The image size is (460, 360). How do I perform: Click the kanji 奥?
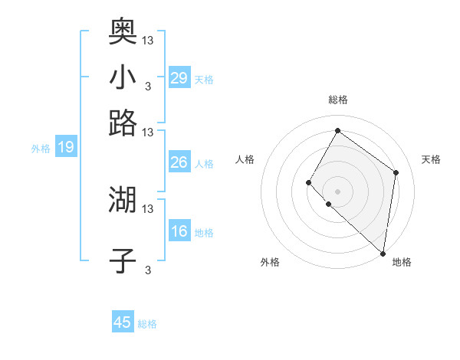point(123,31)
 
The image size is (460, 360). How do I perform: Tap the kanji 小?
point(123,77)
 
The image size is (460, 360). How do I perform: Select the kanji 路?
point(123,123)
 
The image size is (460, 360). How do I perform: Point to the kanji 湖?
point(123,199)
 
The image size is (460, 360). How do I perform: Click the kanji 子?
point(123,260)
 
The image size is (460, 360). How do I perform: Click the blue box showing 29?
point(179,78)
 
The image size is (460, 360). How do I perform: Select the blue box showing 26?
point(179,162)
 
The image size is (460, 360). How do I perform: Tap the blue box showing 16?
point(179,231)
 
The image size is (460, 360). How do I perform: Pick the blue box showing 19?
point(65,148)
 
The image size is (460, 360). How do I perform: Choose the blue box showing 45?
point(123,322)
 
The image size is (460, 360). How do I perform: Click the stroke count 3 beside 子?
point(148,270)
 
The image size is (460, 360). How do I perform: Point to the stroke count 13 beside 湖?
point(148,208)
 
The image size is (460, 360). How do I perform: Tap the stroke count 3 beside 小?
point(148,86)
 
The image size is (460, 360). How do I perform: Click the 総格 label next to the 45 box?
point(147,324)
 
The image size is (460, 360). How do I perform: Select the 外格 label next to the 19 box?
point(41,149)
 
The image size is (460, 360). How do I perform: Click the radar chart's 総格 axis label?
point(337,100)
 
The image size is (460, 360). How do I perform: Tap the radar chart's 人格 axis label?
point(245,159)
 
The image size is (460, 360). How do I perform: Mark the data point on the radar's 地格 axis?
point(383,254)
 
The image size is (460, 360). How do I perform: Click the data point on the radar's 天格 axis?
point(396,172)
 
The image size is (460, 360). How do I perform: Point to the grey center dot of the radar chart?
point(337,191)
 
